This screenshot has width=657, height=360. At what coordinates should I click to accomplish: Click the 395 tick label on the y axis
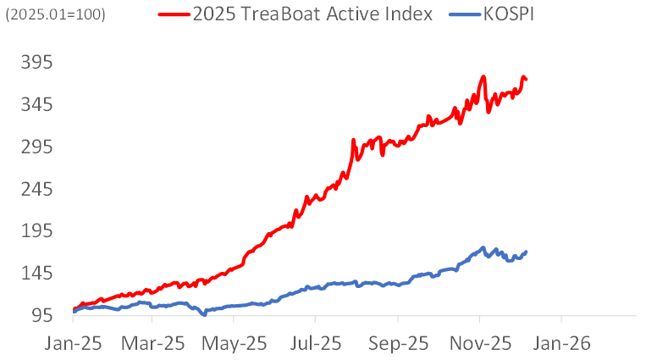[37, 63]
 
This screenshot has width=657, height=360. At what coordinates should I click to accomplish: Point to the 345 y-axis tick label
[37, 105]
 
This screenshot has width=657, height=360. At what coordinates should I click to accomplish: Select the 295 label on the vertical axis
[37, 147]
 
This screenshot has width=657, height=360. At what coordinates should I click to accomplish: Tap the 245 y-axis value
[37, 190]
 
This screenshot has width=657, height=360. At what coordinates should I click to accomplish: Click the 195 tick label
[37, 231]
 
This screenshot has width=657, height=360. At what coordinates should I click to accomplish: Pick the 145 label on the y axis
[37, 274]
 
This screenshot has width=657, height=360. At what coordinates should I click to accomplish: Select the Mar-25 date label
[152, 344]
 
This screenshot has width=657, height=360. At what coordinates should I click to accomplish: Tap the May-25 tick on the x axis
[235, 344]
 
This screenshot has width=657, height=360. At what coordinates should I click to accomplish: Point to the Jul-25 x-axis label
[315, 344]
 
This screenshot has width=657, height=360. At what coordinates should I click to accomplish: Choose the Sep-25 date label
[397, 344]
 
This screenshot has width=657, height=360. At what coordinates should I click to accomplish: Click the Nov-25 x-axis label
[479, 344]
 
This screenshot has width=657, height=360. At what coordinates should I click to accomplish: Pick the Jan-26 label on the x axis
[560, 344]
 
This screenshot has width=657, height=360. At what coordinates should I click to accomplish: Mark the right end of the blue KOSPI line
[527, 252]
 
